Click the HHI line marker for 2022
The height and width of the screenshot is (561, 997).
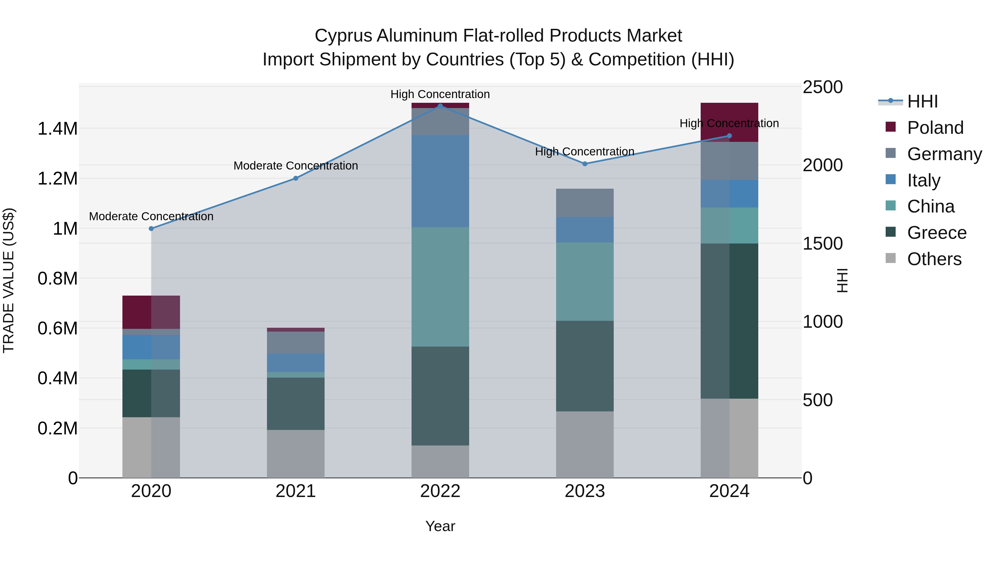coord(440,106)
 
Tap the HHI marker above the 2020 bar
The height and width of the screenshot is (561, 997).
coord(151,229)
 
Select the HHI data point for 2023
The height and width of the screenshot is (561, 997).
coord(585,164)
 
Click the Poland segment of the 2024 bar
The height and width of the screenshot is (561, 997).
coord(729,116)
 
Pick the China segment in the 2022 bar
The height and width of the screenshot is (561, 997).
coord(440,286)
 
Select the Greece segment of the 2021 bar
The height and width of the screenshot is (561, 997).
coord(296,403)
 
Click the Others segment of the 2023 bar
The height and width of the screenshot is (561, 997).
coord(585,444)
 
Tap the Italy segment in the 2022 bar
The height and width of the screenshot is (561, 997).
coord(440,181)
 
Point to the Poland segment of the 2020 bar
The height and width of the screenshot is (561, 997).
coord(151,312)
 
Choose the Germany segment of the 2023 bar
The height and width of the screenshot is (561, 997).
coord(585,203)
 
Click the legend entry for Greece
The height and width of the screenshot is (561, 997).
coord(936,233)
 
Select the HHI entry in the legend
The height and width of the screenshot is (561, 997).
coord(922,101)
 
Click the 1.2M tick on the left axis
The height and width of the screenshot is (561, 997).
coord(57,178)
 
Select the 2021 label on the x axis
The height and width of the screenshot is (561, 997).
coord(296,491)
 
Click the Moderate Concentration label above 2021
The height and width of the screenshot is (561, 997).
coord(296,166)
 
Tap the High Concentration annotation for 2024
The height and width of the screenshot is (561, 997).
coord(729,124)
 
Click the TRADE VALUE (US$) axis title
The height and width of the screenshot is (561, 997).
coord(9,280)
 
